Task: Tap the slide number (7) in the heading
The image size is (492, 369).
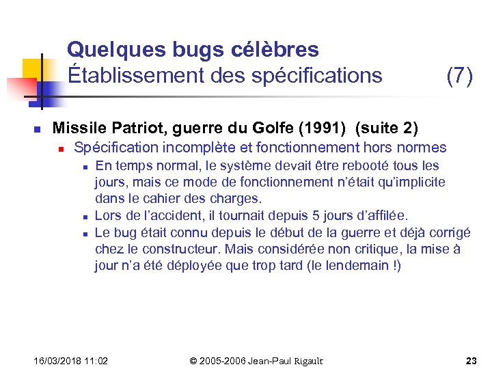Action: [459, 76]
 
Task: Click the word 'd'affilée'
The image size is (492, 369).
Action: [377, 216]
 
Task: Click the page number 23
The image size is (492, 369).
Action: [471, 360]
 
